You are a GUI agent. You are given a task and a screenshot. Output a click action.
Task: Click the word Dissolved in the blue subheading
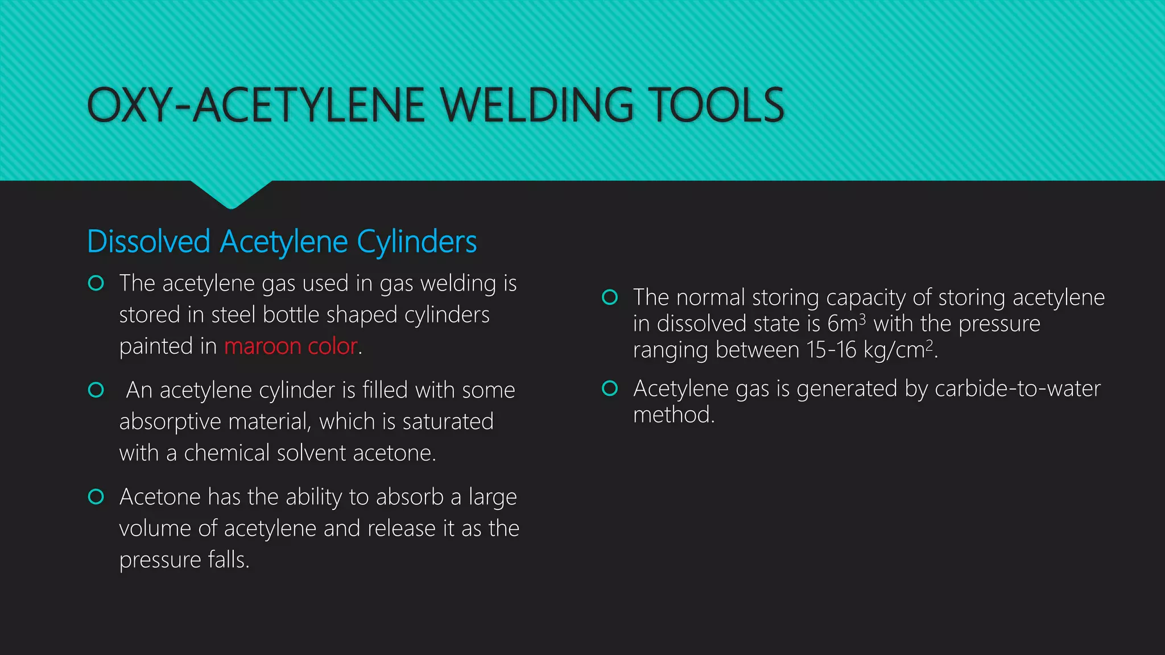pyautogui.click(x=148, y=242)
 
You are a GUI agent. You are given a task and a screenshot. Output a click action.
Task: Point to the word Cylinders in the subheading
pyautogui.click(x=416, y=242)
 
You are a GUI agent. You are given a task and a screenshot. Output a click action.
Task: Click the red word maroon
pyautogui.click(x=262, y=346)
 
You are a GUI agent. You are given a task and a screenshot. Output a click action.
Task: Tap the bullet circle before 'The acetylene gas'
pyautogui.click(x=96, y=283)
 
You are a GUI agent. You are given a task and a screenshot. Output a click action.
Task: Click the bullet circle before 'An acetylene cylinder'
pyautogui.click(x=96, y=390)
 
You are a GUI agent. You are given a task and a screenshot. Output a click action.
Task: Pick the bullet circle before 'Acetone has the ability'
pyautogui.click(x=96, y=497)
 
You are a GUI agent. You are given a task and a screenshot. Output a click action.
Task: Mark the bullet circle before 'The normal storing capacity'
pyautogui.click(x=610, y=297)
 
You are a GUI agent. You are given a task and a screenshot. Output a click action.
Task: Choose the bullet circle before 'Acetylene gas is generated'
pyautogui.click(x=610, y=389)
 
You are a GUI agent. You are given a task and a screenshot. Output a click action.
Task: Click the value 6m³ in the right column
pyautogui.click(x=846, y=324)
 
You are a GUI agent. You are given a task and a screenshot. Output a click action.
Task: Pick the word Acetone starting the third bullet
pyautogui.click(x=160, y=497)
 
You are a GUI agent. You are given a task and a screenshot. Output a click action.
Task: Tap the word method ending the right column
pyautogui.click(x=672, y=415)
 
